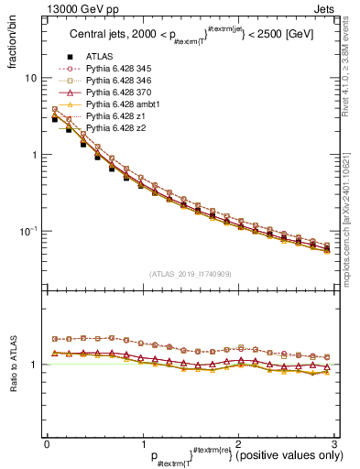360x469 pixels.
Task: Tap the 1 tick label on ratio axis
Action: click(33, 365)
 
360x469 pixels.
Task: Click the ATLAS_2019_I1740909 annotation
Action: click(190, 274)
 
